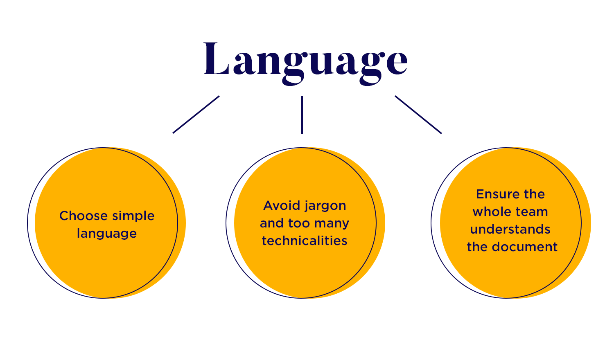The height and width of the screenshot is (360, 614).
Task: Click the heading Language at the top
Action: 305,63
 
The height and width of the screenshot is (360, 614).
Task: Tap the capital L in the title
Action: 216,59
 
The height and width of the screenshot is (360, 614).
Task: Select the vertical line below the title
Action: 302,115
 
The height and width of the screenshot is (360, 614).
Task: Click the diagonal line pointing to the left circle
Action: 196,115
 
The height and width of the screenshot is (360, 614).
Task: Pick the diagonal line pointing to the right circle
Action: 418,115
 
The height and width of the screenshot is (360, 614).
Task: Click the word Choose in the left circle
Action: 84,216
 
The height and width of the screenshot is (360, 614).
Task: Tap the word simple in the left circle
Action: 133,216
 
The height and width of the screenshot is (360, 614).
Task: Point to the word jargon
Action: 325,207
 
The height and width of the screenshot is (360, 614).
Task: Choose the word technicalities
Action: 305,241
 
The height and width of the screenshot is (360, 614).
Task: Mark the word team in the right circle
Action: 532,212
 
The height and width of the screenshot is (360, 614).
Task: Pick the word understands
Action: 510,229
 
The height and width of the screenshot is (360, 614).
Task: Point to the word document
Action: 525,247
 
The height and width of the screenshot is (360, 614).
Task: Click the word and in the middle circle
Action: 272,223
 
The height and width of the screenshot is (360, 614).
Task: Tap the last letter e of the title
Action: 397,63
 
